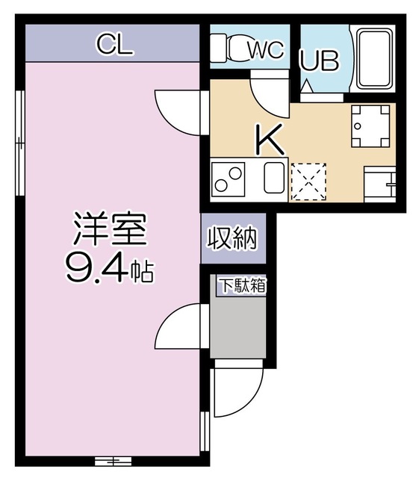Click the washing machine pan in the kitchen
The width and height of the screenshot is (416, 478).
coord(371,125)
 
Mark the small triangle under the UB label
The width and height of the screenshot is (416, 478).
coord(307,87)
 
